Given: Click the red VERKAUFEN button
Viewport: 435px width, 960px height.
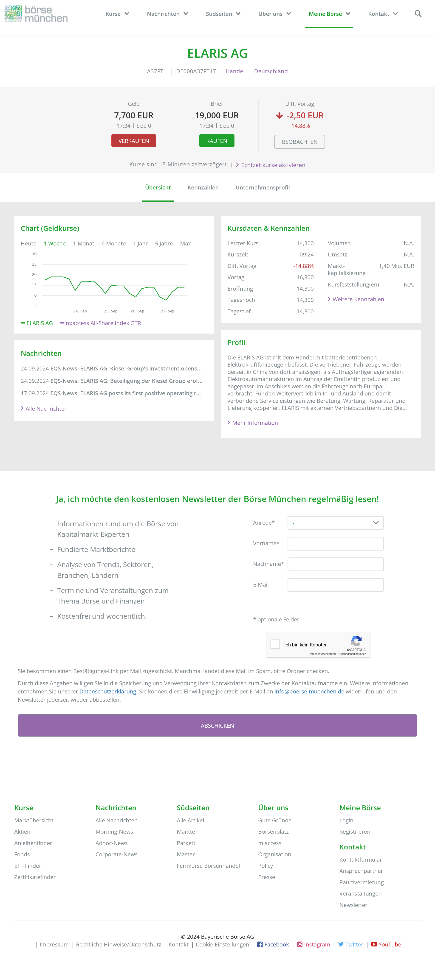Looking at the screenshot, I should click(134, 141).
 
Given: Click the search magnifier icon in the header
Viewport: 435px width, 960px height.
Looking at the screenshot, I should click(418, 14).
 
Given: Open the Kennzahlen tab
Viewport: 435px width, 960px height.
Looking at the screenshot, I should click(203, 187).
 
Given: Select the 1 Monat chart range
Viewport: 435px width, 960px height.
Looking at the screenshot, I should click(84, 243).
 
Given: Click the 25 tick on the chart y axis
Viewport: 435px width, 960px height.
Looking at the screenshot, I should click(34, 264).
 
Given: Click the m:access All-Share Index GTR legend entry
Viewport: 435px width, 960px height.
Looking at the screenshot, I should click(103, 323).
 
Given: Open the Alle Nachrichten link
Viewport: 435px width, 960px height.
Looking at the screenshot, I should click(46, 409).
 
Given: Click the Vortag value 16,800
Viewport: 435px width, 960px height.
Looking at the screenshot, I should click(305, 277).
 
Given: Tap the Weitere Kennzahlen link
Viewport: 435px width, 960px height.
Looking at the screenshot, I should click(358, 299).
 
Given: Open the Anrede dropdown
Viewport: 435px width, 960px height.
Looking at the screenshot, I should click(335, 523).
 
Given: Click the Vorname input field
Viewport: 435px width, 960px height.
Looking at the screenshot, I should click(335, 543).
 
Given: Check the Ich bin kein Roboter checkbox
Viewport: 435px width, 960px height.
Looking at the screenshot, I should click(275, 644).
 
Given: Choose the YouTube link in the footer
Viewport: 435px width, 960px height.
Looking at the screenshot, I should click(389, 944).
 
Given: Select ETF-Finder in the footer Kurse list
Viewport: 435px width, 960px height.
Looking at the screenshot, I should click(28, 866).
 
